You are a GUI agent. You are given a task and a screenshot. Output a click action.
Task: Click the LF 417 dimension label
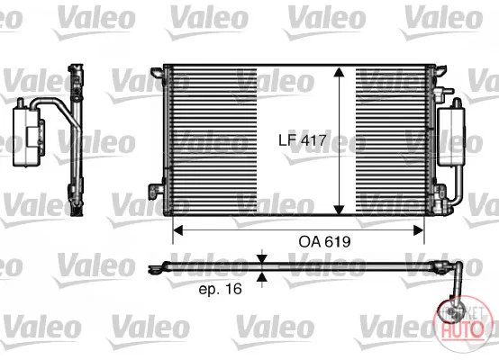click(x=303, y=140)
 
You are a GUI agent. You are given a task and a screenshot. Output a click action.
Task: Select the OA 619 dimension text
click(x=324, y=242)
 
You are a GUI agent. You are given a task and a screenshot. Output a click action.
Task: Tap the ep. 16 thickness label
click(x=220, y=289)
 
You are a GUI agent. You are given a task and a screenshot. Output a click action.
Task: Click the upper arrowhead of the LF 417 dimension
click(x=340, y=72)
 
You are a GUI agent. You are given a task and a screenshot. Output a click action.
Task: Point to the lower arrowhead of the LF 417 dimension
click(x=340, y=210)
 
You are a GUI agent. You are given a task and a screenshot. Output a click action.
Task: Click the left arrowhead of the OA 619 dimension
click(x=177, y=229)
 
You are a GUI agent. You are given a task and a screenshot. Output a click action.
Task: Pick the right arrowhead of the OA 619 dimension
click(x=419, y=229)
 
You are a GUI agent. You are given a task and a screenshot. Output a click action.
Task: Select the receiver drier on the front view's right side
click(x=451, y=136)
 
